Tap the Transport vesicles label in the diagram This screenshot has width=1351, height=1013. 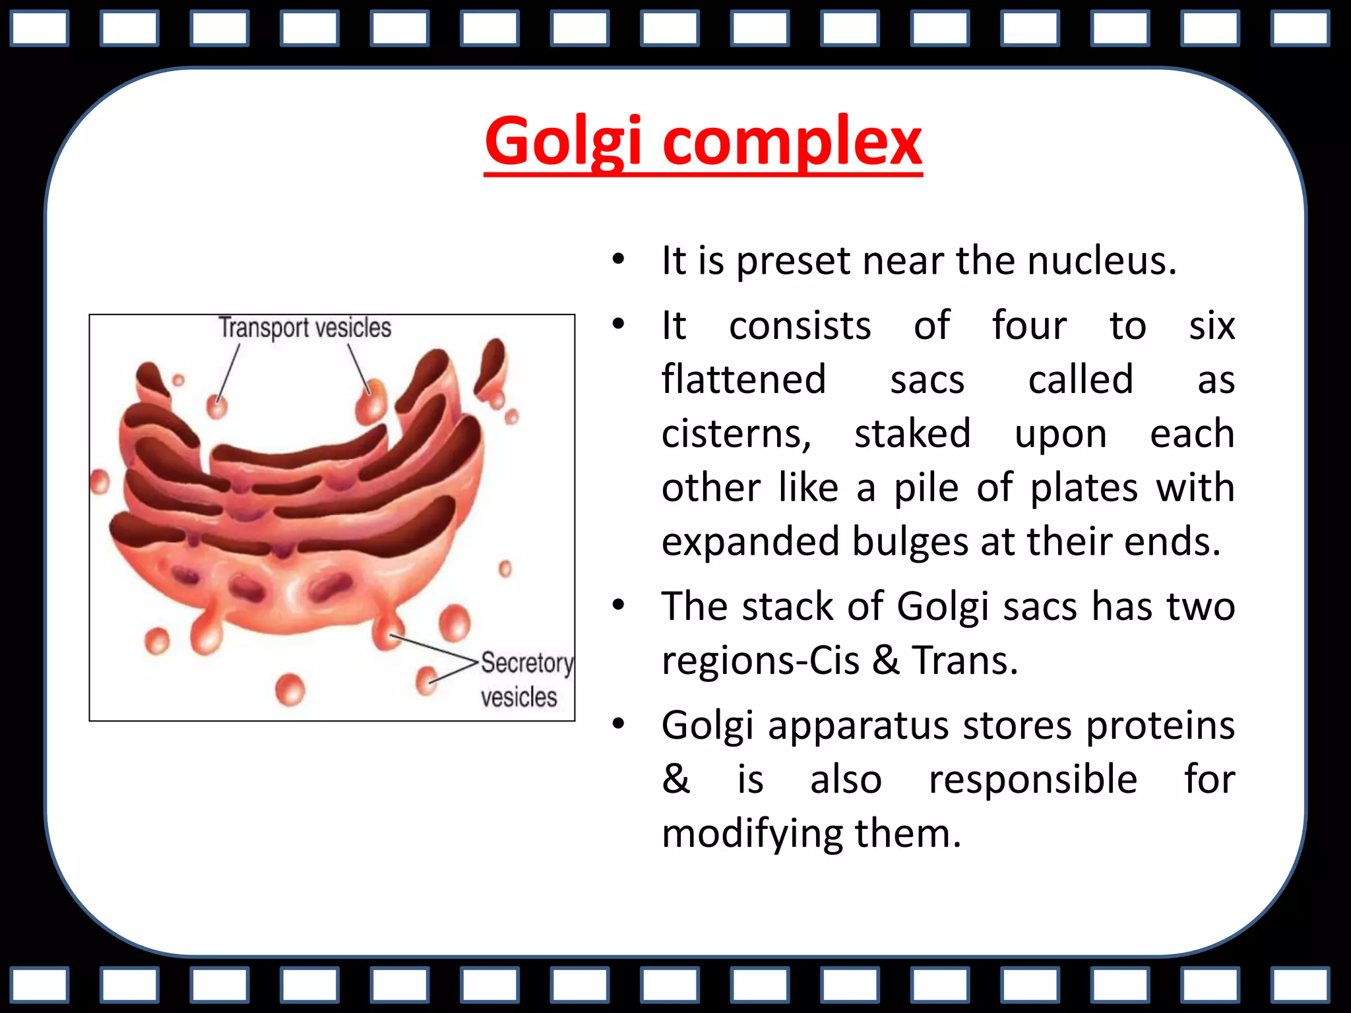pos(305,328)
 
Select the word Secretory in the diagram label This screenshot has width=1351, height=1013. pos(526,663)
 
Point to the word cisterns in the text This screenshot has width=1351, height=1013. pos(736,434)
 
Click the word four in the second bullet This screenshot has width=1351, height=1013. pos(1028,326)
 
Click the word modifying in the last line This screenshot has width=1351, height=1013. pos(752,834)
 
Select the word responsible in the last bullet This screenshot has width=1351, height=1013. pos(1032,780)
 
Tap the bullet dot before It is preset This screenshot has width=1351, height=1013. pos(617,259)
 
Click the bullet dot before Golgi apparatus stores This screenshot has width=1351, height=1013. pos(617,724)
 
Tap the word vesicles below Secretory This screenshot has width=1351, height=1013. pos(518,697)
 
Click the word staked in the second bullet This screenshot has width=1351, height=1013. pos(912,434)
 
